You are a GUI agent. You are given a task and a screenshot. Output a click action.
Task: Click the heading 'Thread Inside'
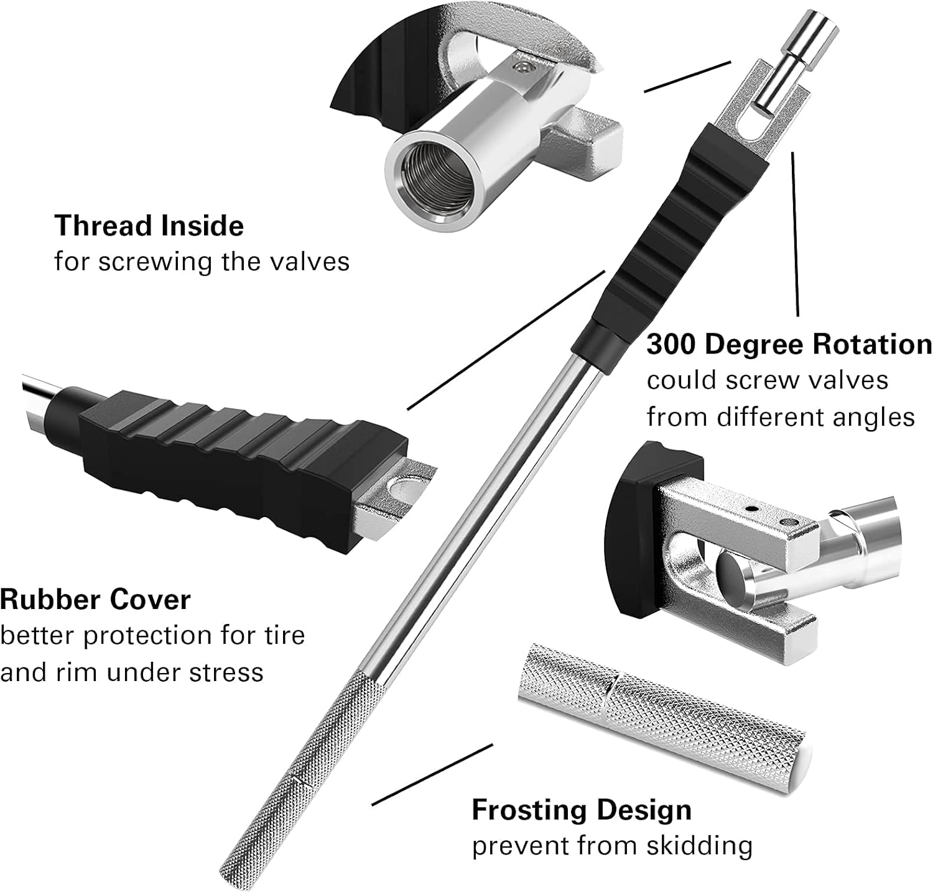(x=149, y=225)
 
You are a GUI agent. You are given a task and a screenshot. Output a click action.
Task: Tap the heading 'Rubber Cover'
(x=95, y=600)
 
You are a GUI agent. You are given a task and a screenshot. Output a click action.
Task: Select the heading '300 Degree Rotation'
(x=789, y=344)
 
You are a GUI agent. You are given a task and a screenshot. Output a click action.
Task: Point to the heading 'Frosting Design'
(x=581, y=810)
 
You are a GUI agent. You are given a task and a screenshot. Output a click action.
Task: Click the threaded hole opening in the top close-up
(x=424, y=185)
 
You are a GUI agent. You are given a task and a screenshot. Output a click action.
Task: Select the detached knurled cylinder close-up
(x=659, y=715)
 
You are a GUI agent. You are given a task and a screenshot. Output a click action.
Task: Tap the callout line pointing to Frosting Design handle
(x=432, y=774)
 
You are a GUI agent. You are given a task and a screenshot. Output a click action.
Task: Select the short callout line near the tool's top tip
(x=687, y=76)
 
